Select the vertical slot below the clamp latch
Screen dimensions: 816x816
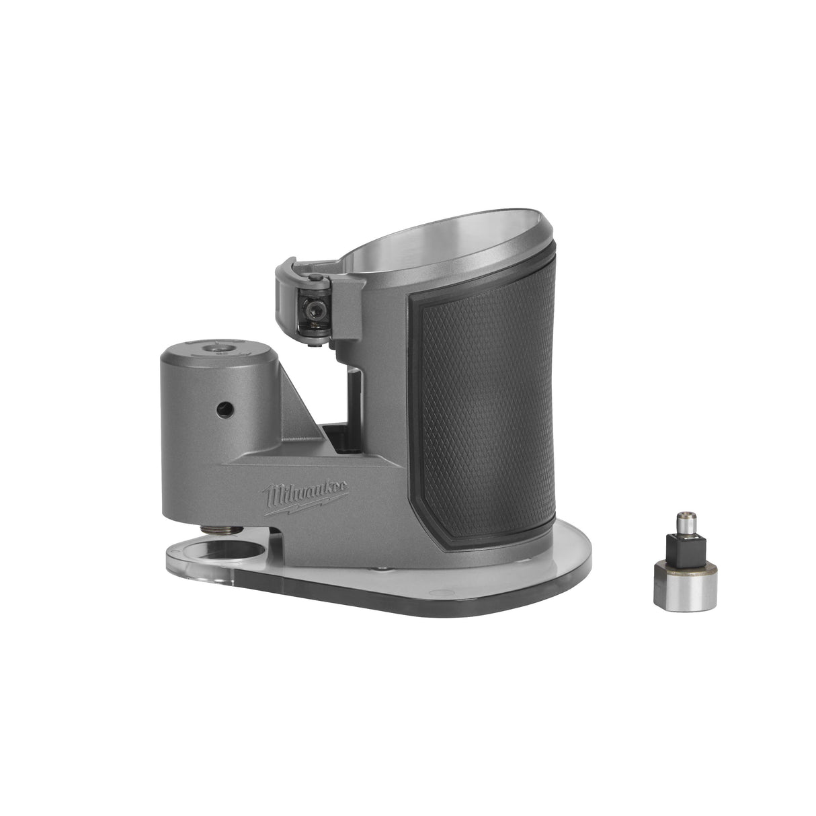pos(352,397)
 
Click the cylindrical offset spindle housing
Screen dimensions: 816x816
pos(202,403)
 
